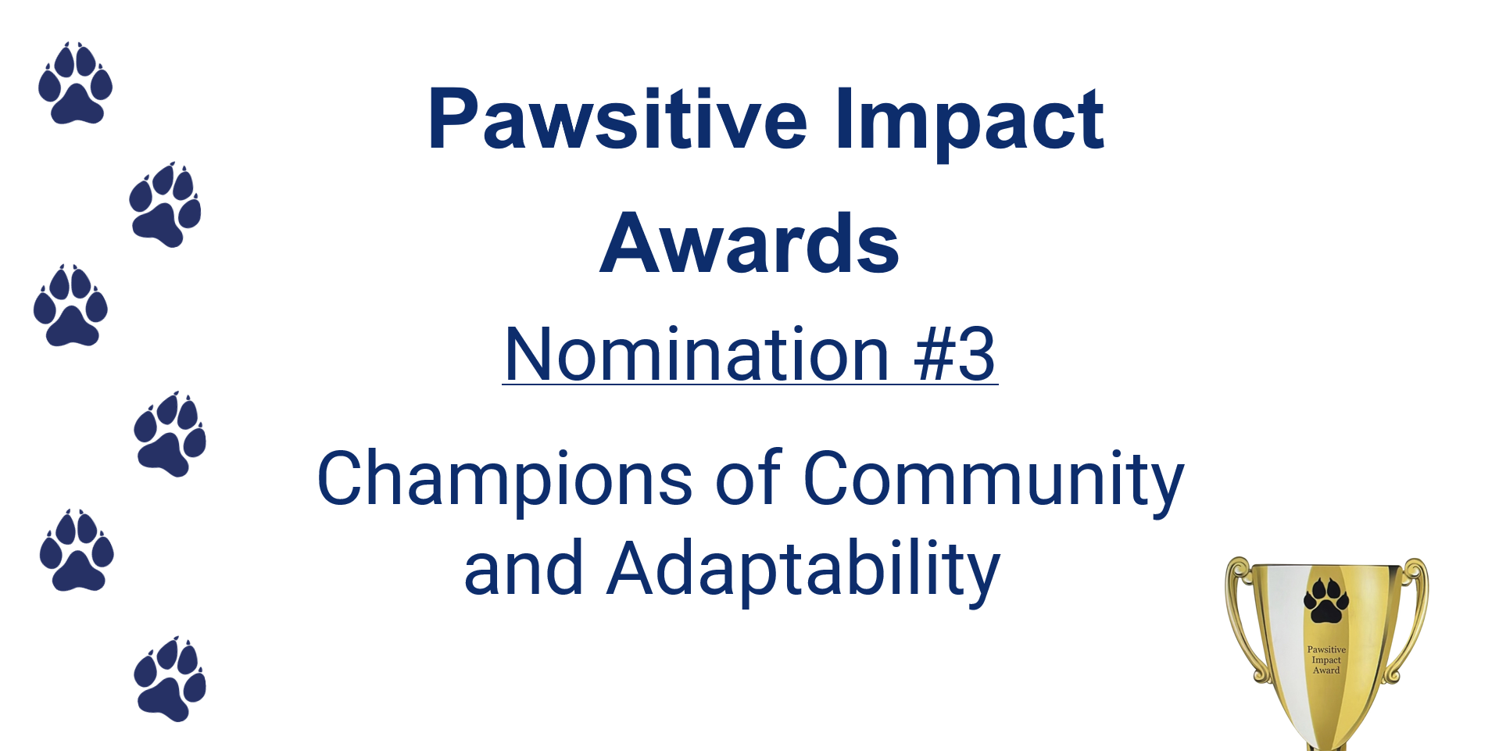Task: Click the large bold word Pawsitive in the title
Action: click(618, 119)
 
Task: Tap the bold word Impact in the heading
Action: click(969, 123)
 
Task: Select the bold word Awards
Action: click(749, 244)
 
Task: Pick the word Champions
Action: click(504, 479)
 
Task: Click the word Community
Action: click(993, 479)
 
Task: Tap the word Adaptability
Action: click(804, 570)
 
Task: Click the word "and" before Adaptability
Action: click(524, 568)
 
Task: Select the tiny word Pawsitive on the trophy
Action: click(1326, 649)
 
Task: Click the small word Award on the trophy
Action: click(1326, 670)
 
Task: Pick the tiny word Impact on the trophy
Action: click(1326, 660)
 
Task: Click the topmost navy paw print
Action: click(75, 83)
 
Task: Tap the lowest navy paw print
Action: click(170, 678)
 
